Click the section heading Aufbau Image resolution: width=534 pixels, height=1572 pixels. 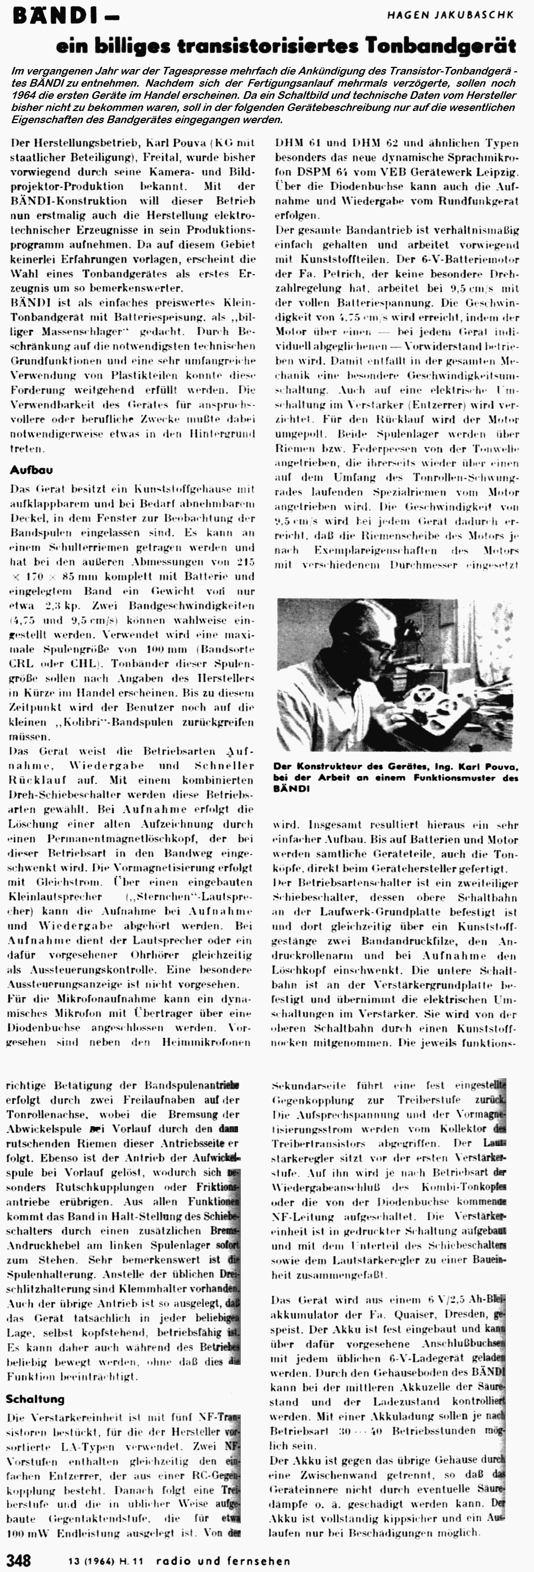[31, 470]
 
